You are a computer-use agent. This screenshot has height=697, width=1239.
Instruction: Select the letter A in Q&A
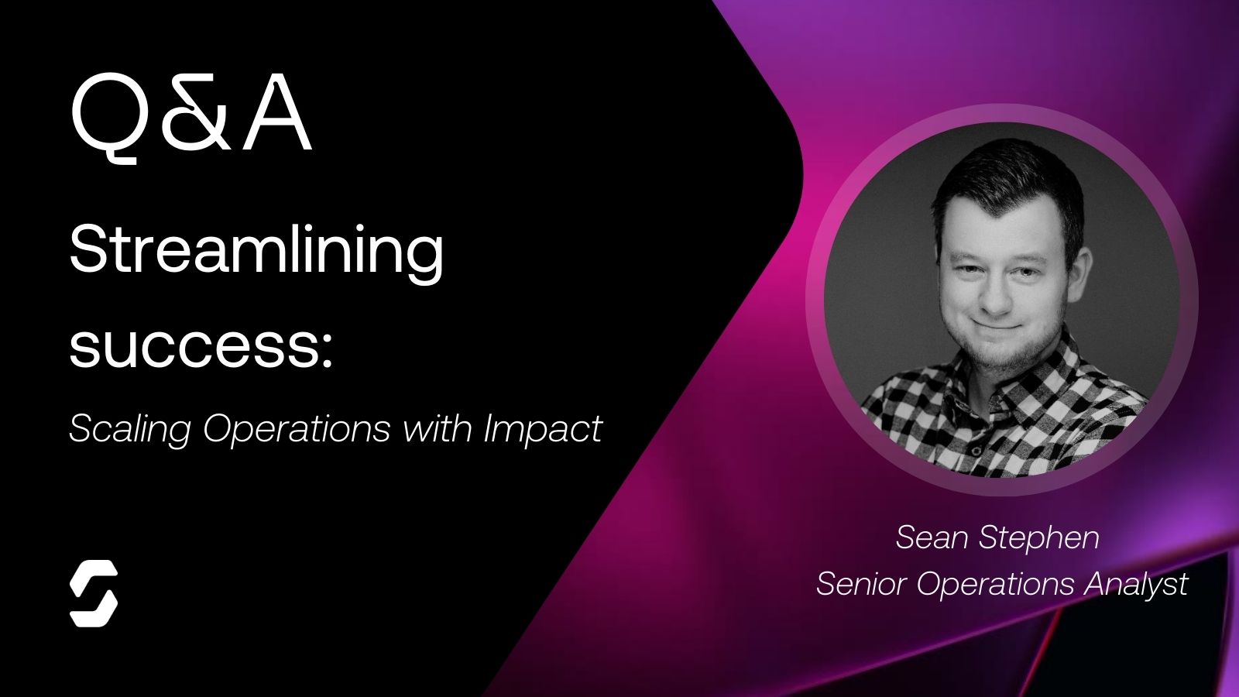point(276,116)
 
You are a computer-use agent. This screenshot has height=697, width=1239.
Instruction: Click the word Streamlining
point(256,251)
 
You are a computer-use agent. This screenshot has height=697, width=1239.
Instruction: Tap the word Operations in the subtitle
point(297,428)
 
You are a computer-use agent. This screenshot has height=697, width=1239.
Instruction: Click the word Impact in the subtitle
point(543,428)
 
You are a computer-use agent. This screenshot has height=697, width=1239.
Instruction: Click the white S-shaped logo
point(94,593)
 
